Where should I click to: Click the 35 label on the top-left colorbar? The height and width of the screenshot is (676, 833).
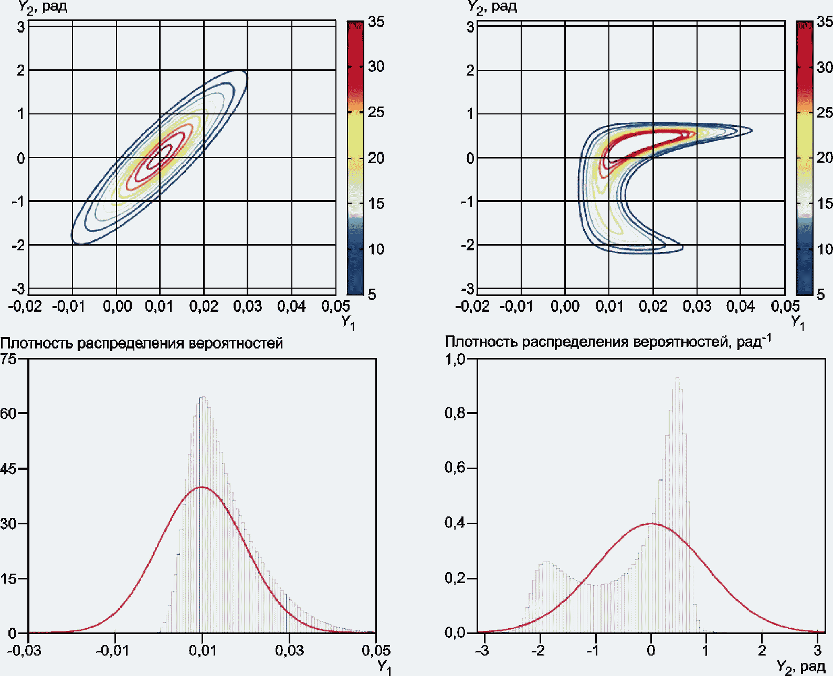pyautogui.click(x=376, y=22)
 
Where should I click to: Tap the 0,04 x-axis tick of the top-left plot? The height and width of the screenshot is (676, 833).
pyautogui.click(x=291, y=306)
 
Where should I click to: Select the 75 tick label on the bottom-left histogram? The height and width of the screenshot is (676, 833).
pyautogui.click(x=8, y=358)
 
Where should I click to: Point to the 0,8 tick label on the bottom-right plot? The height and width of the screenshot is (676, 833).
pyautogui.click(x=456, y=413)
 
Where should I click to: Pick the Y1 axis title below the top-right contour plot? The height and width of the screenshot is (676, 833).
pyautogui.click(x=797, y=323)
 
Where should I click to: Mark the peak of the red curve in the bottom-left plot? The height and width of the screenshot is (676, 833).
pyautogui.click(x=202, y=487)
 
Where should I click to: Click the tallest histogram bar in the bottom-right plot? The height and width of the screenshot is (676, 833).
pyautogui.click(x=677, y=504)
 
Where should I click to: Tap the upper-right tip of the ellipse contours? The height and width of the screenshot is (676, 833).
pyautogui.click(x=246, y=72)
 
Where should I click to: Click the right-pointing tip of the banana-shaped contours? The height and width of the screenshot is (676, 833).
pyautogui.click(x=752, y=131)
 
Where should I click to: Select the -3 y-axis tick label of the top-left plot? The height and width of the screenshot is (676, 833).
pyautogui.click(x=18, y=289)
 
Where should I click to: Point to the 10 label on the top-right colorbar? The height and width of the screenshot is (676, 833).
pyautogui.click(x=825, y=249)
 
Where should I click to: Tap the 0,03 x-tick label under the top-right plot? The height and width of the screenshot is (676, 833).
pyautogui.click(x=697, y=306)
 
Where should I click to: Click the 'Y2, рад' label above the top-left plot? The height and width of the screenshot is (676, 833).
pyautogui.click(x=43, y=7)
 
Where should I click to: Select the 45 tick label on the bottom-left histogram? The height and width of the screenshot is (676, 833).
pyautogui.click(x=8, y=468)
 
